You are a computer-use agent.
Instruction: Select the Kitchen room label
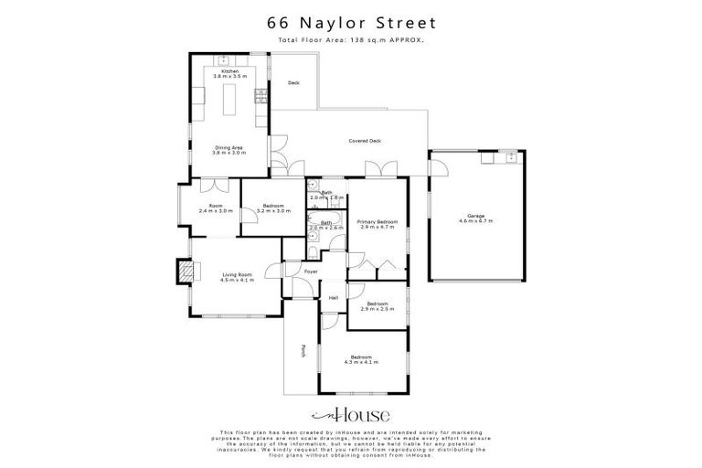[x=229, y=70]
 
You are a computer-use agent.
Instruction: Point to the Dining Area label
[x=229, y=147]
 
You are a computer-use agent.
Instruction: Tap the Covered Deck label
[x=365, y=141]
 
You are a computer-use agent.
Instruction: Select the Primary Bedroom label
[x=377, y=222]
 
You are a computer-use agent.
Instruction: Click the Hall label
[x=334, y=297]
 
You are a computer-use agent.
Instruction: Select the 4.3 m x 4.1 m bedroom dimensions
[x=360, y=363]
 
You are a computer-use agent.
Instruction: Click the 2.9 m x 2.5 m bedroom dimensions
[x=378, y=308]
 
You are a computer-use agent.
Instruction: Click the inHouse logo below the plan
[x=350, y=412]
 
